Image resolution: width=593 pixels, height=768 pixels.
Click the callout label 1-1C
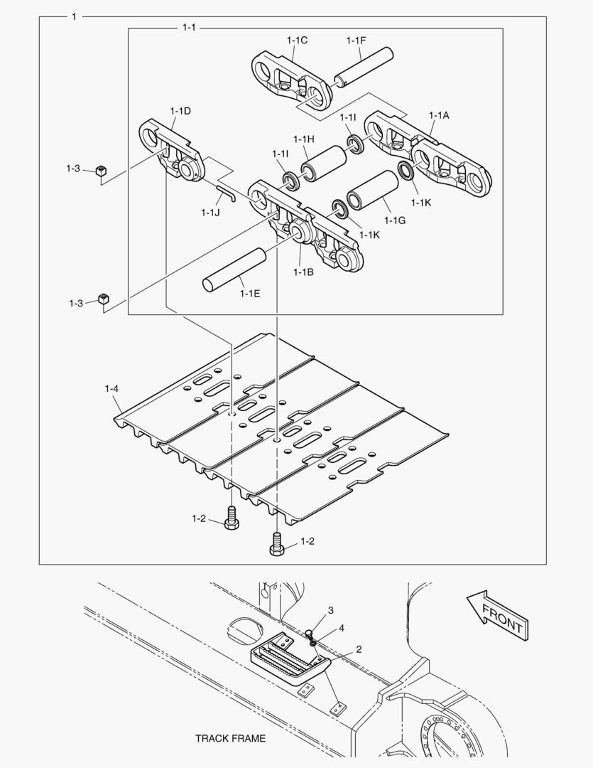[297, 41]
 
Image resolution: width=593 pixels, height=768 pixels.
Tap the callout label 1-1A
[439, 115]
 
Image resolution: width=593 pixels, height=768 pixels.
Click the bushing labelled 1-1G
[371, 191]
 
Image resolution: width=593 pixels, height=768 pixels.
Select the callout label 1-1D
[180, 111]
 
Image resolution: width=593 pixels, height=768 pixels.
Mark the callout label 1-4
[111, 388]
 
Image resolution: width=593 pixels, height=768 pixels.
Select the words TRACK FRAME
[230, 738]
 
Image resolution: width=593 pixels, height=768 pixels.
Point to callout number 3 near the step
[330, 611]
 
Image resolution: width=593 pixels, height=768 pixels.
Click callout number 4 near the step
[342, 629]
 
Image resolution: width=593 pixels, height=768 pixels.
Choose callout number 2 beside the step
[359, 649]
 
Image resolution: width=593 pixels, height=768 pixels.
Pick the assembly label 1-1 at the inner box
[188, 28]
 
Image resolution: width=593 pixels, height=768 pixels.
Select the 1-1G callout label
[396, 221]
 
